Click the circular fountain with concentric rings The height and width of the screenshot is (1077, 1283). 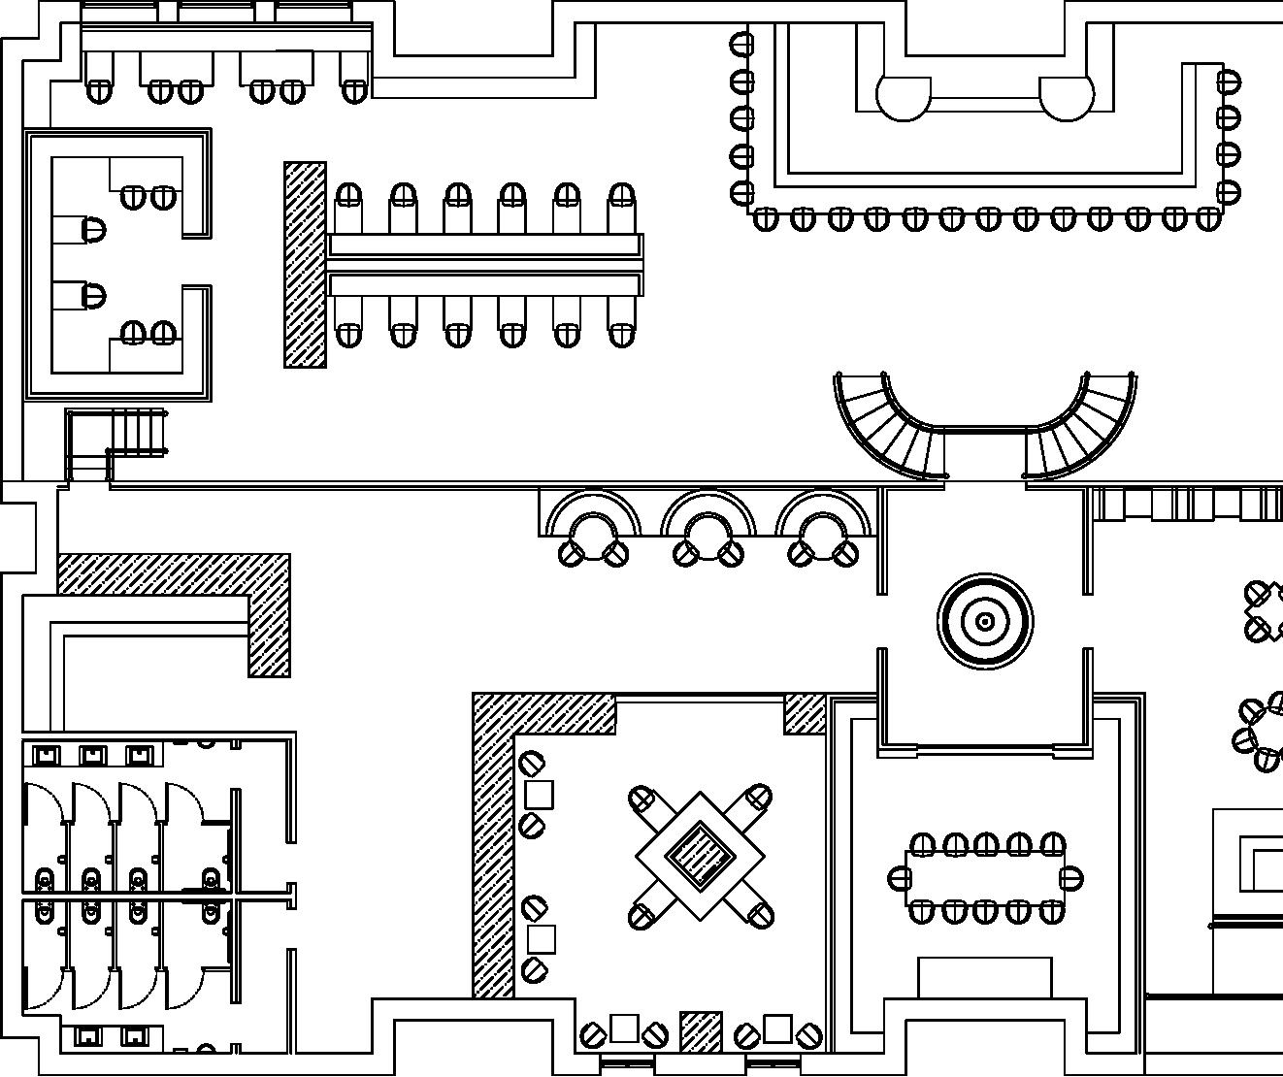point(984,621)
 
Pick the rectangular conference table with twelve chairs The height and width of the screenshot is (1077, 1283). point(984,878)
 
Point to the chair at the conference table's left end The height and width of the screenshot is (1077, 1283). point(900,879)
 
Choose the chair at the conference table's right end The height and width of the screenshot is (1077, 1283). point(1070,879)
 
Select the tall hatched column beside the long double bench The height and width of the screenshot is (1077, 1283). point(304,265)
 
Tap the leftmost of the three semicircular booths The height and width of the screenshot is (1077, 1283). point(593,529)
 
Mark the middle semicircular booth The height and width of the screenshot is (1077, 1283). point(707,529)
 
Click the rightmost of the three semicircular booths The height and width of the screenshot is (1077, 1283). point(823,529)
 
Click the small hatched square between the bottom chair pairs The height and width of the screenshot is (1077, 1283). point(701,1031)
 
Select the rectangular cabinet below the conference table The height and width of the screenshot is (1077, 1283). point(984,977)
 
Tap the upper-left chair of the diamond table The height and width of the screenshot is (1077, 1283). point(643,801)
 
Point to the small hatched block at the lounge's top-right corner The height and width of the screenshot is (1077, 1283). point(805,713)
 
